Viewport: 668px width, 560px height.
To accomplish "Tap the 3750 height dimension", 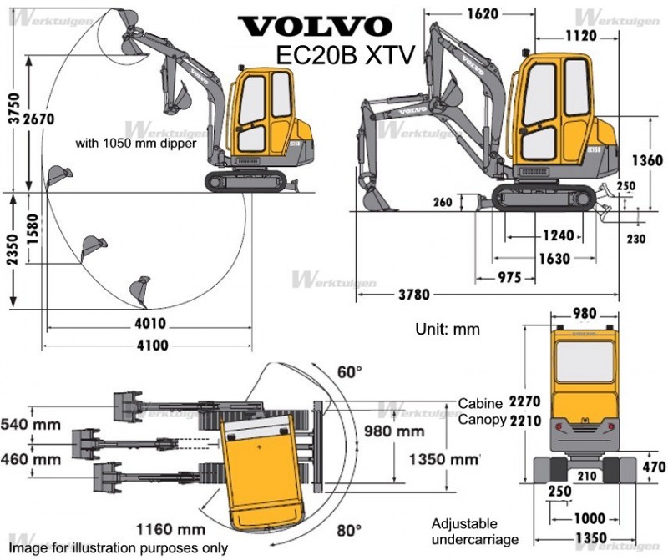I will pos(10,104).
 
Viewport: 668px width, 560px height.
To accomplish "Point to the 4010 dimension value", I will pos(149,323).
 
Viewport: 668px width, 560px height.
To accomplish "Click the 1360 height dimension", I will pos(647,160).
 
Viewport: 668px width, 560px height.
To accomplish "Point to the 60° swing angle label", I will pos(349,371).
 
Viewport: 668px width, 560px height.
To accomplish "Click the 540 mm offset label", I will pos(30,425).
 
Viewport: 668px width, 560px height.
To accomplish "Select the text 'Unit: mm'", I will pos(448,329).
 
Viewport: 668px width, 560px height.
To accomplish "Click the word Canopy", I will pos(481,420).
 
